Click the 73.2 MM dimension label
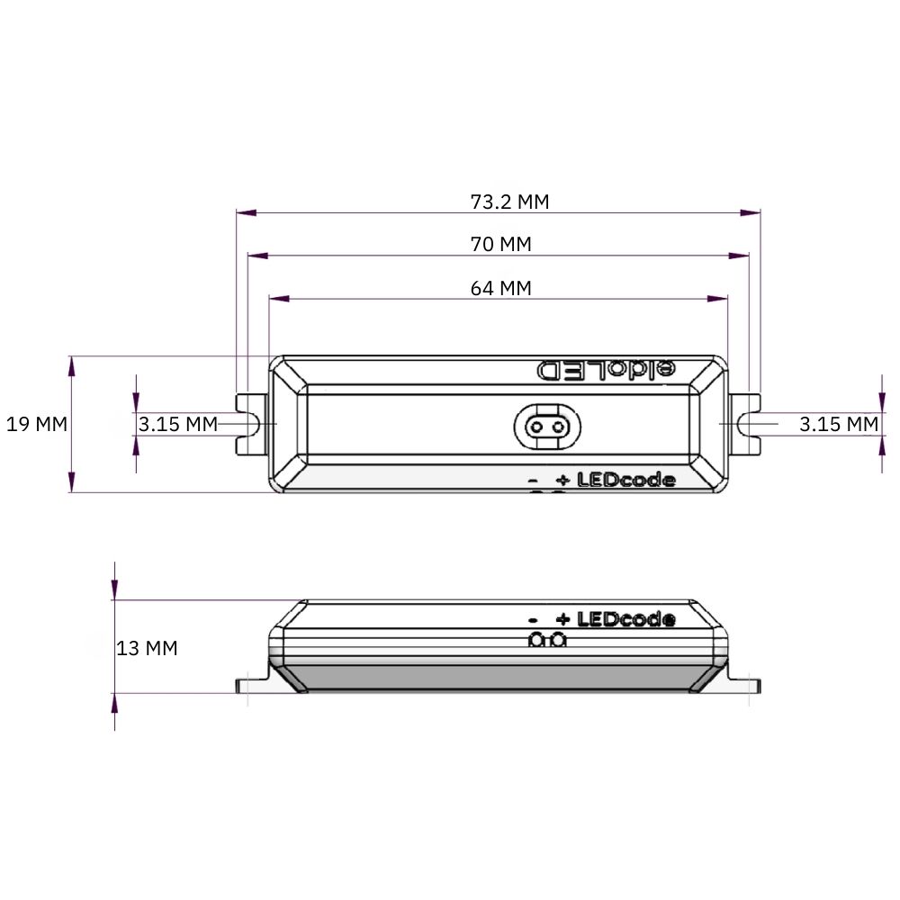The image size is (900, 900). pos(509,202)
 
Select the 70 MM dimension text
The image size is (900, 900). pos(501,245)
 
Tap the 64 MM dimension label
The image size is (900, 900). pos(501,288)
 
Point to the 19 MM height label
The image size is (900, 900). pos(37,424)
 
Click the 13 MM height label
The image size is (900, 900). pos(147,648)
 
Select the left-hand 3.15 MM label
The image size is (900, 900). pos(178,424)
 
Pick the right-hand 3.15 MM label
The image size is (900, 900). pos(839,424)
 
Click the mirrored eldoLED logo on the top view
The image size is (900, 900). pos(606,370)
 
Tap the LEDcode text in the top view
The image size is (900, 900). pos(626,480)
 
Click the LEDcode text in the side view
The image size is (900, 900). pos(626,619)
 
